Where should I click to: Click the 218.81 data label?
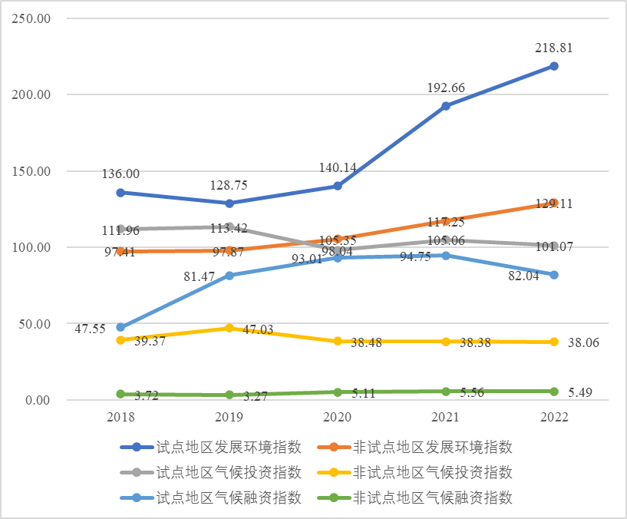pos(553,48)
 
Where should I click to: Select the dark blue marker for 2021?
pos(445,106)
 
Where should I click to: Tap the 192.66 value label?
pos(445,88)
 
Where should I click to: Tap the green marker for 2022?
pos(553,392)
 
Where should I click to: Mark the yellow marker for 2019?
pos(229,328)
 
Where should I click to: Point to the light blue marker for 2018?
pos(120,327)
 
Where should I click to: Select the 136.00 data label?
pos(120,174)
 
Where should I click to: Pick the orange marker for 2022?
pos(553,203)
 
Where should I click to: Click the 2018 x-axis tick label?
pos(120,417)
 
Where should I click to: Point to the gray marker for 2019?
pos(229,227)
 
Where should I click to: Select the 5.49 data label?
pos(582,392)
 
